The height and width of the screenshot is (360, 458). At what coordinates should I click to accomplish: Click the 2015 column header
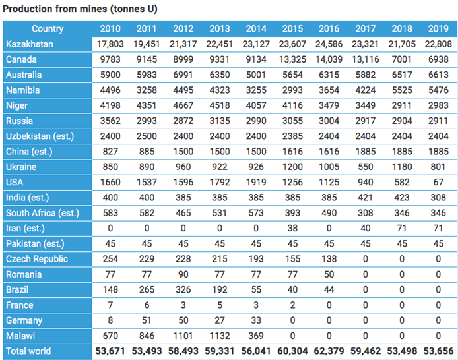pos(292,28)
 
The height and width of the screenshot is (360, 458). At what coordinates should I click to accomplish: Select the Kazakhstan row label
pos(30,44)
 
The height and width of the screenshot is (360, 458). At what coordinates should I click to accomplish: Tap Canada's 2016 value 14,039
pos(329,59)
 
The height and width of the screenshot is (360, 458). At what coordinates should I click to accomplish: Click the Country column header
pos(48,28)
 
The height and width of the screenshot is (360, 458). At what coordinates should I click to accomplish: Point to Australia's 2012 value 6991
pos(183,75)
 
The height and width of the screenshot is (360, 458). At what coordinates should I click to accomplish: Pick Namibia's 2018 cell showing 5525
pos(402,90)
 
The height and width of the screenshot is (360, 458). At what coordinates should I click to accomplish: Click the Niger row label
pos(16,105)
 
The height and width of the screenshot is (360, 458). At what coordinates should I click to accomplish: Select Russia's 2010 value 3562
pos(110,121)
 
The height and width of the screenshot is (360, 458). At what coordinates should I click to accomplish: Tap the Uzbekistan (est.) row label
pos(40,136)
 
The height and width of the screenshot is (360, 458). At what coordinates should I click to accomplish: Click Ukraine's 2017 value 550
pos(366,167)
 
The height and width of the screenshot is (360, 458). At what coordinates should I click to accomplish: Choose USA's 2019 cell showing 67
pos(438,183)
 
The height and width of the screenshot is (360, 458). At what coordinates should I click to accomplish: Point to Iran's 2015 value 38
pos(292,228)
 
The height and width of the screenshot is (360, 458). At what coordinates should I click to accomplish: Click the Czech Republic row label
pos(37,259)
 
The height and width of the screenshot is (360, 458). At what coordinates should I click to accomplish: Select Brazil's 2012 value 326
pos(183,289)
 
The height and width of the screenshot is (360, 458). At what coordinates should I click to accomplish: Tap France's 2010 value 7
pos(110,305)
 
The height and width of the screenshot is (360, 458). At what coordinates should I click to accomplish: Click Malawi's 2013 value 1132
pos(220,336)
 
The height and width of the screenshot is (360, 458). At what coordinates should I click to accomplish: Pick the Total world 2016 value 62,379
pos(329,351)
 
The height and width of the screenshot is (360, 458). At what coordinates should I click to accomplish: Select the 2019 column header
pos(438,28)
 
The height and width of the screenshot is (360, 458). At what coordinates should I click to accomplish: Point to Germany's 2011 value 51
pos(147,320)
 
